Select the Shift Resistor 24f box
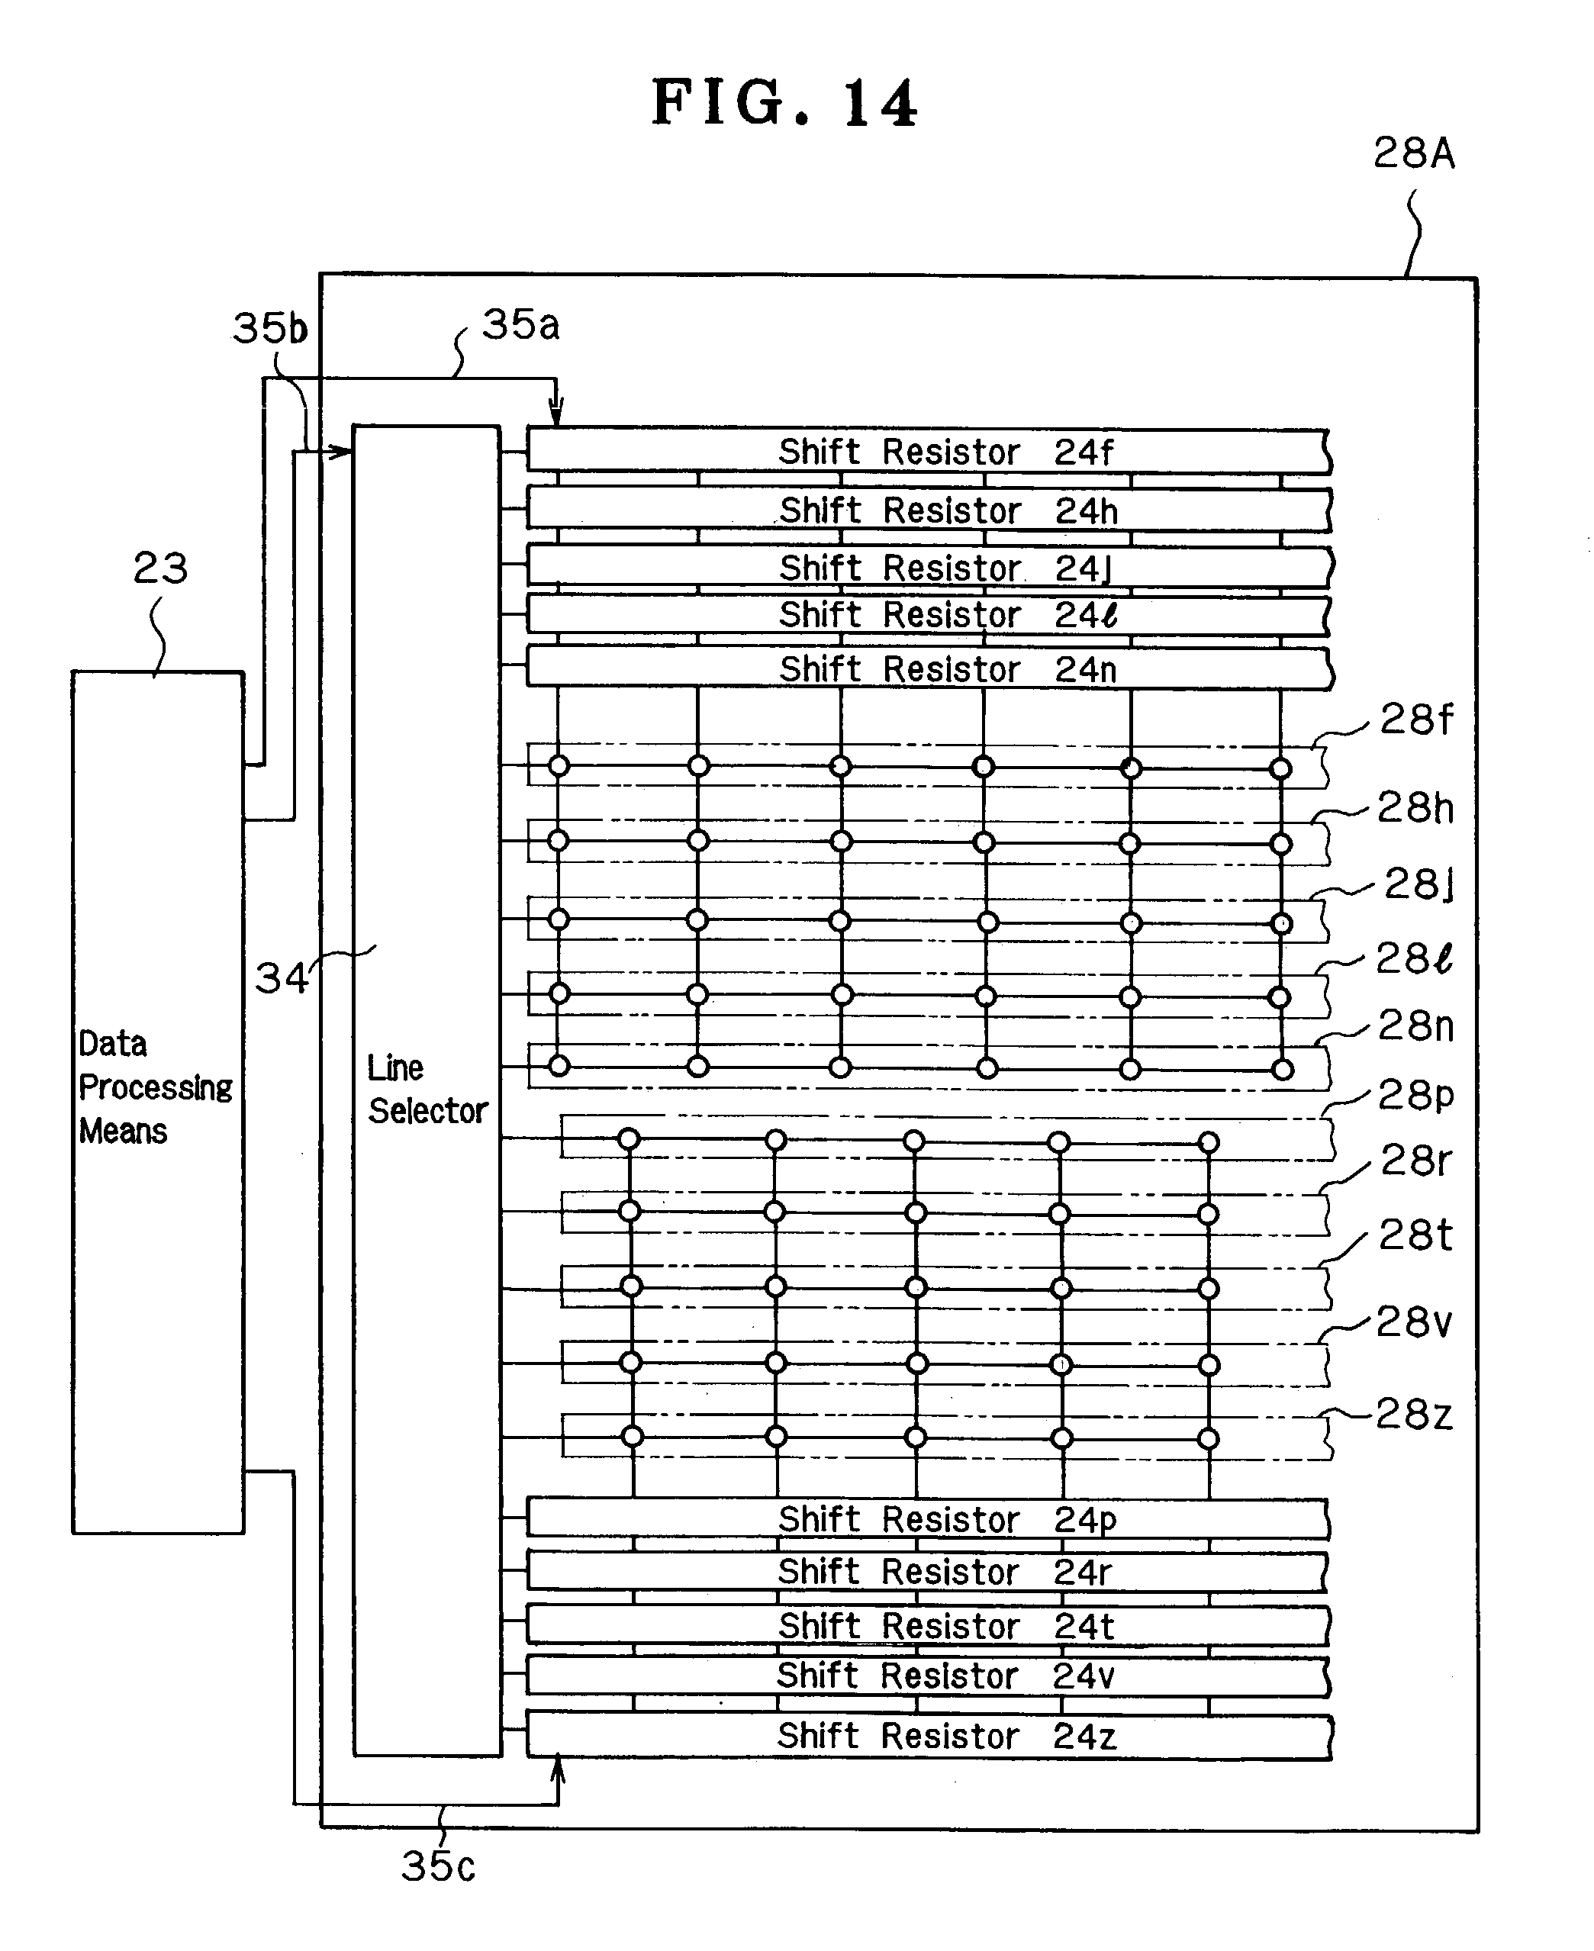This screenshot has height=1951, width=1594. (x=927, y=452)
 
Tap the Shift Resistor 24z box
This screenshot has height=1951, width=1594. (x=927, y=1736)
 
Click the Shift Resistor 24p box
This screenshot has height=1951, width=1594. (x=927, y=1519)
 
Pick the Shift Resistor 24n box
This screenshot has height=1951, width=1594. (x=927, y=668)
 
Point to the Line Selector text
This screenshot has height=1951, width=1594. (x=427, y=1089)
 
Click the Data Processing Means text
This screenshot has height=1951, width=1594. (x=154, y=1087)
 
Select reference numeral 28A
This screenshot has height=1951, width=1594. (x=1413, y=153)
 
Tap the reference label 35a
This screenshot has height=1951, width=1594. (x=520, y=324)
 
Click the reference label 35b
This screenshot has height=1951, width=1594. (x=270, y=329)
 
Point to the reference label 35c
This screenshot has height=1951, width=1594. (x=438, y=1866)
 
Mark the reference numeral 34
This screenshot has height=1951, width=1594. (x=281, y=978)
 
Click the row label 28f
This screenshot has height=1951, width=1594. (x=1416, y=719)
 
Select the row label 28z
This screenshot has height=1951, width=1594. (x=1414, y=1414)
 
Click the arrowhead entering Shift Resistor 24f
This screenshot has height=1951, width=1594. (x=556, y=415)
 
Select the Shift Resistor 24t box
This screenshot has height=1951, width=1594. (x=927, y=1626)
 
